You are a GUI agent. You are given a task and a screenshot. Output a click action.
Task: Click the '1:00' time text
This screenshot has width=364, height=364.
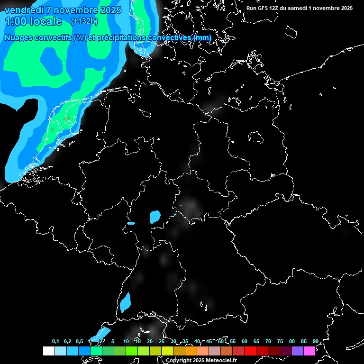[x=15, y=21]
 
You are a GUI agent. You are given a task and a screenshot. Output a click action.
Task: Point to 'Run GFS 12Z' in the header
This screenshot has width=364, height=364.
[x=263, y=8]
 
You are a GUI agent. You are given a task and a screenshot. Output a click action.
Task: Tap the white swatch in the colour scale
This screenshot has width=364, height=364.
[x=48, y=351]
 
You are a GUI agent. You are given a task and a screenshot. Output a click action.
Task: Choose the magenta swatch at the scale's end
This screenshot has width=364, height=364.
[x=309, y=351]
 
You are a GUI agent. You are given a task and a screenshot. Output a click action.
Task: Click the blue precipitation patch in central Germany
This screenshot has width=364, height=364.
[x=155, y=217]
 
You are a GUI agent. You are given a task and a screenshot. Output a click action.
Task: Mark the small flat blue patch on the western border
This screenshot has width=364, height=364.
[x=131, y=223]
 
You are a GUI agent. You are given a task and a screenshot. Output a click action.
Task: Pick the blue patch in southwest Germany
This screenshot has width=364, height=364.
[x=125, y=302]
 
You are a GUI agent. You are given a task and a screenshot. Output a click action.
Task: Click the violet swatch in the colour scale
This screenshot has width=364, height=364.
[x=298, y=351]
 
